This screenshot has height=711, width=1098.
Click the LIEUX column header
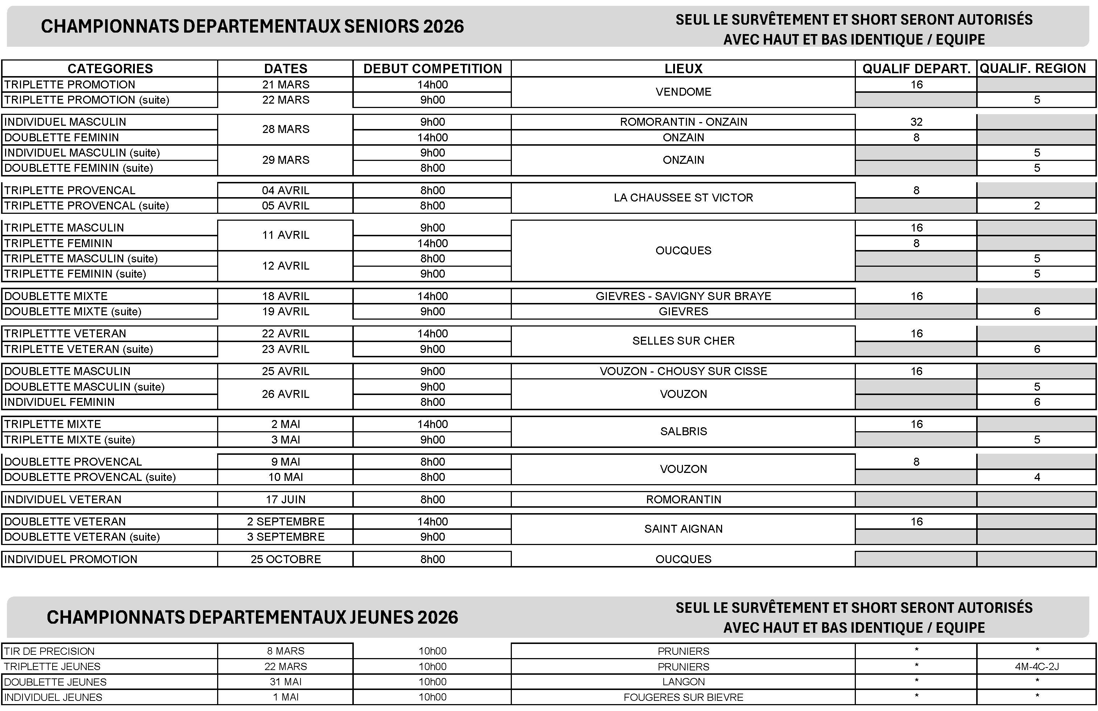tap(683, 69)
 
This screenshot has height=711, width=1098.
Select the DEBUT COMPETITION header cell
tap(432, 69)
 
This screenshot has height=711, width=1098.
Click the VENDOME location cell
tap(683, 92)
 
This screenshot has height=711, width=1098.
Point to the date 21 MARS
tap(286, 84)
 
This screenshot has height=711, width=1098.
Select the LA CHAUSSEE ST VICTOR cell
tap(683, 198)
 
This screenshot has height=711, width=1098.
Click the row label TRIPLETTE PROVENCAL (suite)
tap(87, 205)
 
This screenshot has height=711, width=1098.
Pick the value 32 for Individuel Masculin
tap(916, 122)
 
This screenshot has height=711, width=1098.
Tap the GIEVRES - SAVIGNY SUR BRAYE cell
tap(683, 296)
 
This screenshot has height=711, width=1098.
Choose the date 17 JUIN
tap(286, 499)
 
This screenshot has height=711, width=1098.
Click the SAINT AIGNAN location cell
tap(683, 529)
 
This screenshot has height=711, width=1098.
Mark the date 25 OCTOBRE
tap(286, 559)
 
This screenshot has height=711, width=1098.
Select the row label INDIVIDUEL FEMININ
tap(59, 402)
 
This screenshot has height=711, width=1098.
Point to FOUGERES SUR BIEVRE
tap(683, 697)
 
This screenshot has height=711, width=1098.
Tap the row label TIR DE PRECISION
tap(49, 651)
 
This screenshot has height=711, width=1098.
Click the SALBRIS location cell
tap(683, 432)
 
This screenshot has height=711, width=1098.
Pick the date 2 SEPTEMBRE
tap(286, 521)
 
